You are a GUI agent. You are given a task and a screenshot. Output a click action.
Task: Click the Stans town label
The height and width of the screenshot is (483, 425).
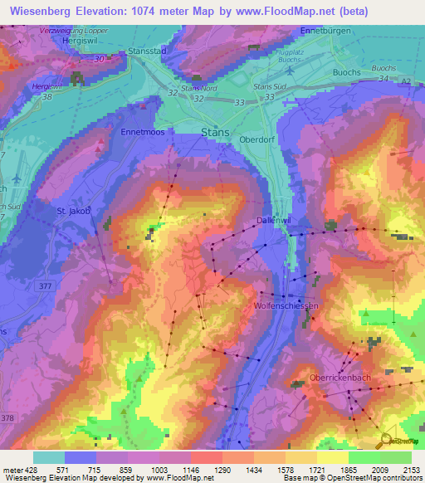point(216,132)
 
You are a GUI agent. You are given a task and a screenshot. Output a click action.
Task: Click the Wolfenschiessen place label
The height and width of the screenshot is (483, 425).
point(286,306)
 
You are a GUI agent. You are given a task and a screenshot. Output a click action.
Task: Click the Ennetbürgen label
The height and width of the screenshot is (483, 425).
point(331,31)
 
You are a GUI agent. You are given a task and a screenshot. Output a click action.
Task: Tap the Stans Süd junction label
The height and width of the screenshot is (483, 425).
point(270,85)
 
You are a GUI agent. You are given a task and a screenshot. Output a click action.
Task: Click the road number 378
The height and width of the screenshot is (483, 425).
point(7,417)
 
